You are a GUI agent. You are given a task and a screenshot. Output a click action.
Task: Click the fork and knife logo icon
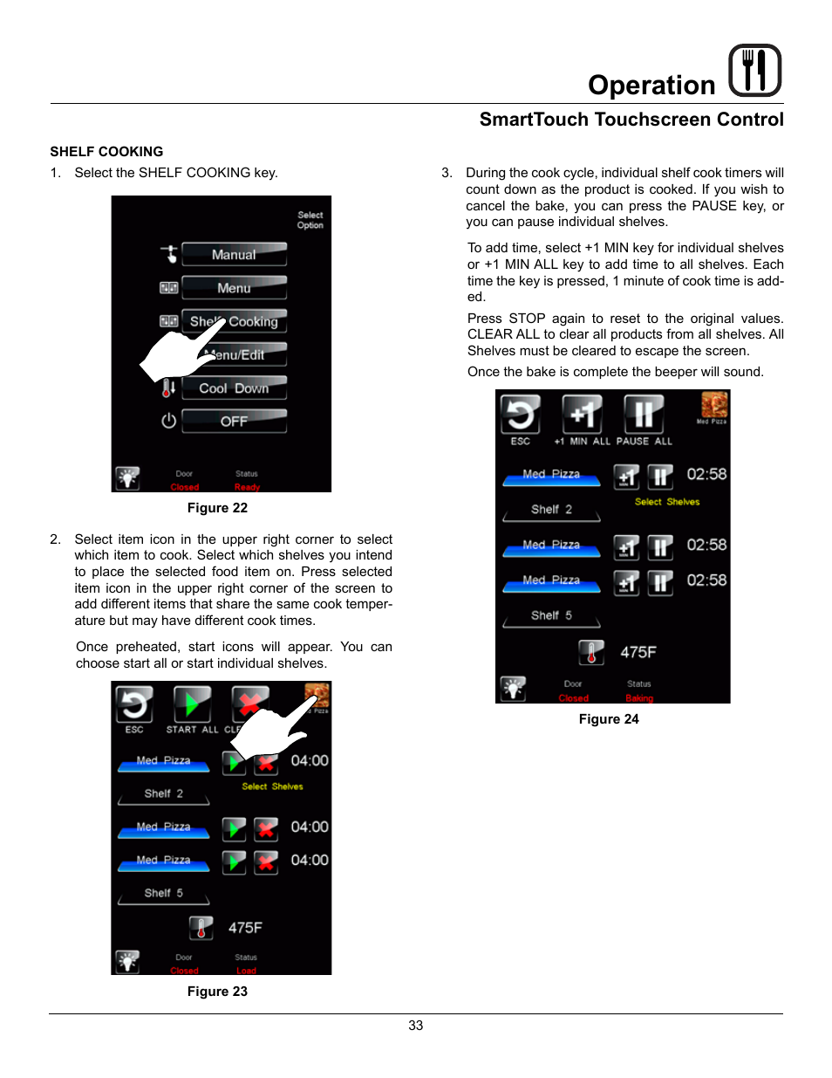(x=754, y=70)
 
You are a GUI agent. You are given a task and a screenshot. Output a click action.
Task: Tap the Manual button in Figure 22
(x=234, y=254)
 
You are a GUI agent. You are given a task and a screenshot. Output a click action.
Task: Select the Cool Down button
(x=234, y=388)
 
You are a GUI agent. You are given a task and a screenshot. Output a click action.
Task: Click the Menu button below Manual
(x=234, y=287)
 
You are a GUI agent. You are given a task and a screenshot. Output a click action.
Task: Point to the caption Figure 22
(x=217, y=508)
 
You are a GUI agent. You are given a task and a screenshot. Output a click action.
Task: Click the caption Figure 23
(x=217, y=992)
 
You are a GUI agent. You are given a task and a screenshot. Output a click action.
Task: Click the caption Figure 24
(x=609, y=719)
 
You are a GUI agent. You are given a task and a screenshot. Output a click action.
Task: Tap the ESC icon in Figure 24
(x=521, y=415)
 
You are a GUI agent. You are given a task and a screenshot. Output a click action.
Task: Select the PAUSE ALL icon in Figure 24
(x=644, y=415)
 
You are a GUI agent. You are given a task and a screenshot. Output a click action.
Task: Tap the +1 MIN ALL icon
(x=582, y=415)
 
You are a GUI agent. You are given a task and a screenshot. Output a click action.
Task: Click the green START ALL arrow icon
(x=192, y=704)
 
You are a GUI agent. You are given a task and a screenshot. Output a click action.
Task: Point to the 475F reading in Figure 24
(x=638, y=652)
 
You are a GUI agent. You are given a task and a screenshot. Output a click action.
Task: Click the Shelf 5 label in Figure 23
(x=164, y=893)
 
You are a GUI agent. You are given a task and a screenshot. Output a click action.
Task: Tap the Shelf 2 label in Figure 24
(x=551, y=510)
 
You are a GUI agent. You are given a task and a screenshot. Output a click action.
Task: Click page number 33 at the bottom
(x=416, y=1026)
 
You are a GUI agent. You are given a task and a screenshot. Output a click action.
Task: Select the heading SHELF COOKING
(x=106, y=152)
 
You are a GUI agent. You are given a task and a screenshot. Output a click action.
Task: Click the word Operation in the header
(x=651, y=85)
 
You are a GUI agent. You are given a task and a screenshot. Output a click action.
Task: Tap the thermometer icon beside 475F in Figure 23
(x=201, y=928)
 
